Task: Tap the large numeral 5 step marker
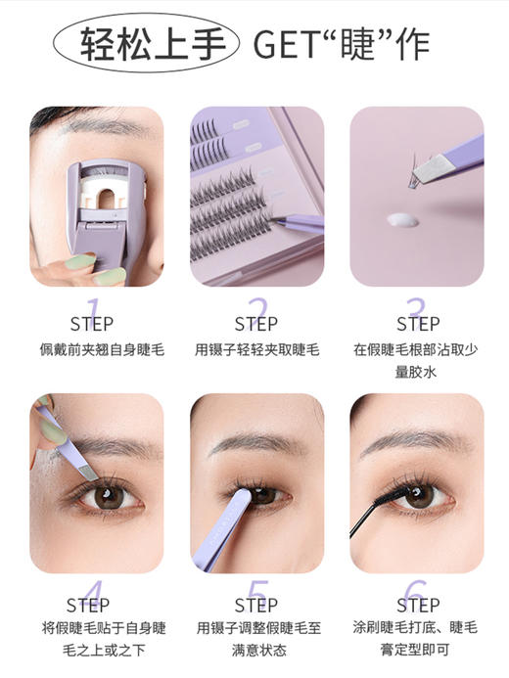point(256,593)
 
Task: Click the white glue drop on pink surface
point(401,219)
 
